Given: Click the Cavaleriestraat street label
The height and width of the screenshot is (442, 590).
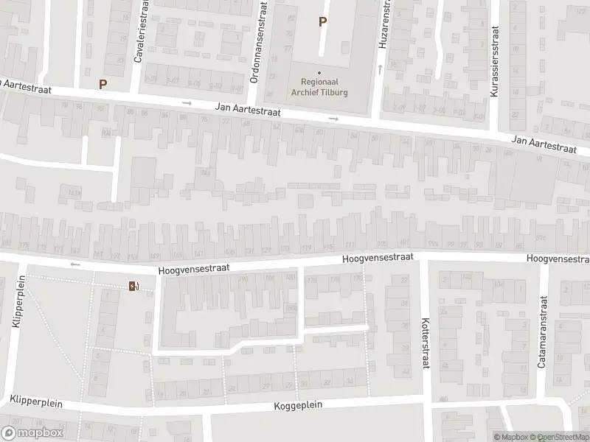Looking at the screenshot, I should click(137, 34).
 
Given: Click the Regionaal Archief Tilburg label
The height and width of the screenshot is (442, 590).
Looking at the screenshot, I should click(319, 88).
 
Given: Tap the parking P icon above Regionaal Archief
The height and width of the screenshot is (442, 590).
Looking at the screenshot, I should click(322, 21).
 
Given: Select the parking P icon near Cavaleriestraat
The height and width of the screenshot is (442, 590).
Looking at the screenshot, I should click(103, 84).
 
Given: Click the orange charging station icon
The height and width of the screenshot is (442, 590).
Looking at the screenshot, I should click(133, 286).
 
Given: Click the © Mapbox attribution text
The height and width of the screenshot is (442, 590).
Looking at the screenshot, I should click(510, 437).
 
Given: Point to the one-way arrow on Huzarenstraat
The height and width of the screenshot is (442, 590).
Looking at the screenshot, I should click(380, 68).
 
